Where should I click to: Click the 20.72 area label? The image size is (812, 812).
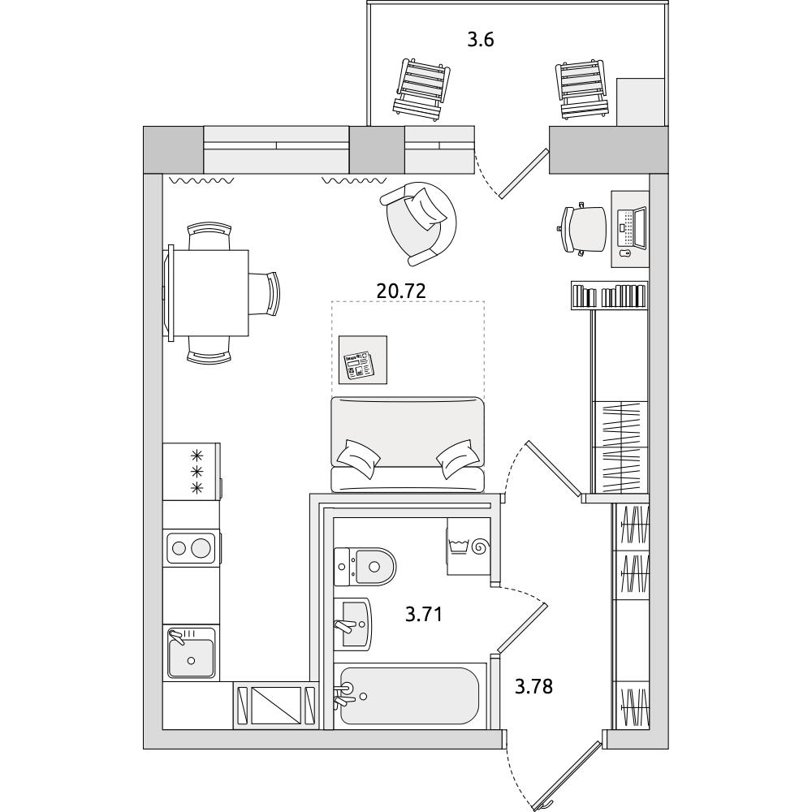coord(401,291)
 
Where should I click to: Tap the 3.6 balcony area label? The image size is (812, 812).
coord(481,40)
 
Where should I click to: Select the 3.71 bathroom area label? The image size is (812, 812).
coord(424,615)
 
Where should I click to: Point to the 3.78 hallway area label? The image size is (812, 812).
coord(534,687)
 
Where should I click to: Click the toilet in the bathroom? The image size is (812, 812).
coord(365,567)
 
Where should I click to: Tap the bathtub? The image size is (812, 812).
coord(409,696)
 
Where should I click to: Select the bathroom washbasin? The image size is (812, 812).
coord(352,624)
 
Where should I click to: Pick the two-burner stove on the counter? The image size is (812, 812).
coord(191,547)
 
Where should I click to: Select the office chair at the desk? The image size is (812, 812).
coord(581,229)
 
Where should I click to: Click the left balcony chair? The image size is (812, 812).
coord(420,91)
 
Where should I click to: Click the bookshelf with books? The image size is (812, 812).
coord(609,296)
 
